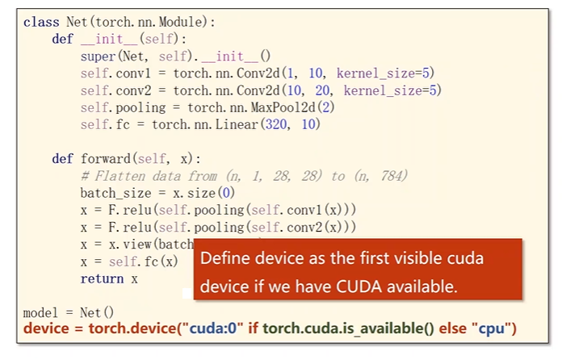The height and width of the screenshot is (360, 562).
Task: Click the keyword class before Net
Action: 38,21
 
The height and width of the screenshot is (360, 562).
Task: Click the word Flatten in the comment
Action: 115,176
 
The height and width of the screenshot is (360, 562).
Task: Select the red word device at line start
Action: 45,329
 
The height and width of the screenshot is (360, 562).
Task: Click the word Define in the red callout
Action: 222,260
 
